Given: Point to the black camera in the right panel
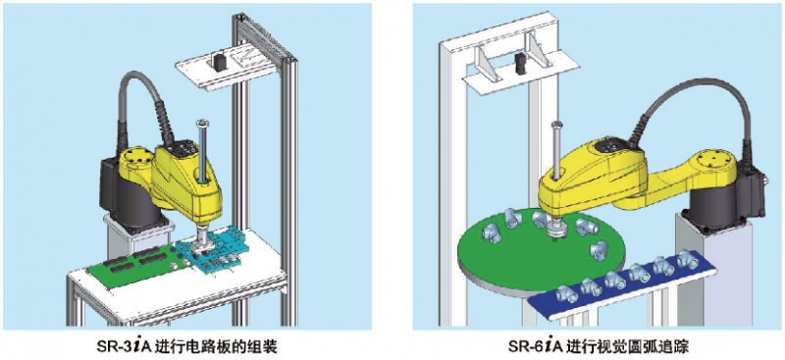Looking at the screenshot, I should [x=517, y=65].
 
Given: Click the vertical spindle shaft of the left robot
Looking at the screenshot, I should [x=200, y=147].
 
